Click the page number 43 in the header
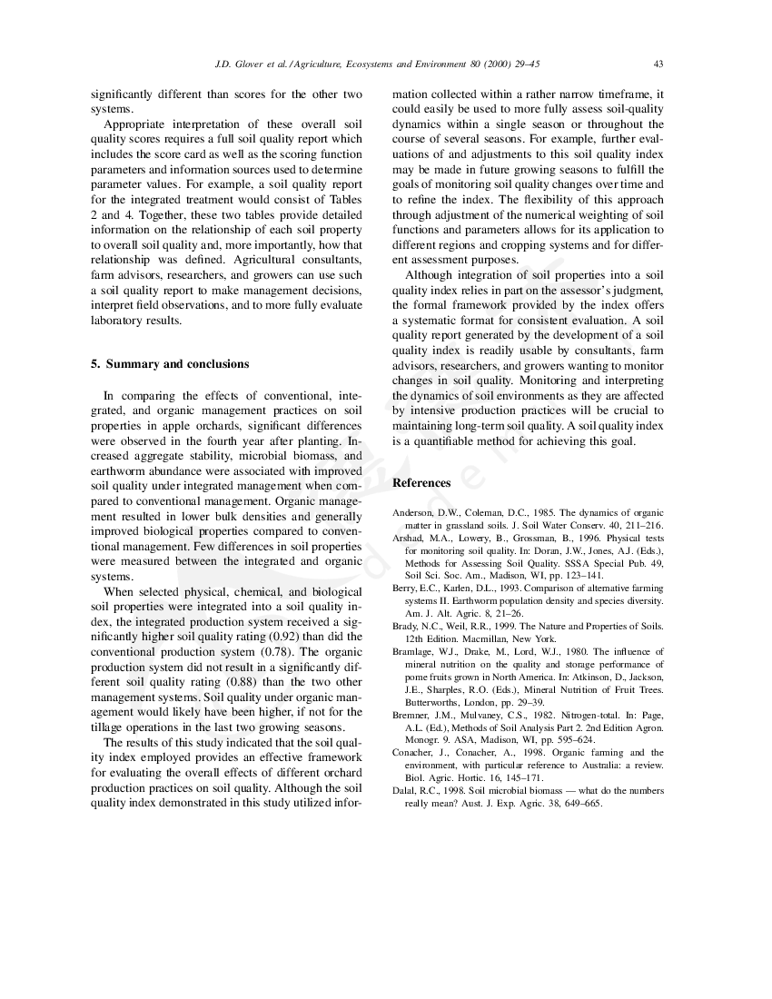tap(658, 64)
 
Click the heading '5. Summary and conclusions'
tap(170, 364)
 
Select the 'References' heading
tap(421, 483)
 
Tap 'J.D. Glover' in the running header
tap(239, 64)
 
